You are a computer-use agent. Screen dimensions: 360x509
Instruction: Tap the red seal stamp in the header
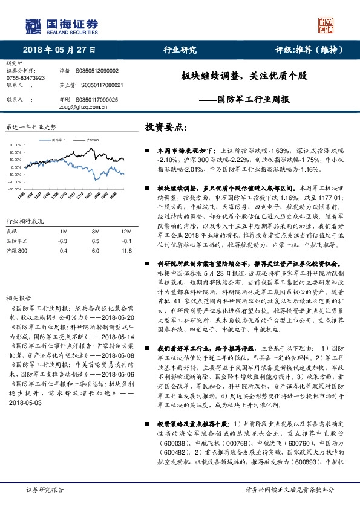pyautogui.click(x=327, y=24)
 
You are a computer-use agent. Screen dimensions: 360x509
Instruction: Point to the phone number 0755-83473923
pyautogui.click(x=25, y=79)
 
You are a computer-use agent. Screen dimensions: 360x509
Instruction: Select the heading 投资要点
pyautogui.click(x=166, y=128)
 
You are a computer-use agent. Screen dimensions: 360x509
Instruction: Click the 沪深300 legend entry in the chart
pyautogui.click(x=93, y=139)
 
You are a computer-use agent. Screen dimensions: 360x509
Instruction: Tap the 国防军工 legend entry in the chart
pyautogui.click(x=59, y=139)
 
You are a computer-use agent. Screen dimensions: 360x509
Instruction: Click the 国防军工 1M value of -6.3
pyautogui.click(x=62, y=241)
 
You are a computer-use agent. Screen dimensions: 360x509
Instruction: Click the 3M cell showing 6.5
pyautogui.click(x=95, y=241)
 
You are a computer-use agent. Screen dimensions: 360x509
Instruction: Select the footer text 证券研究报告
pyautogui.click(x=45, y=490)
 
